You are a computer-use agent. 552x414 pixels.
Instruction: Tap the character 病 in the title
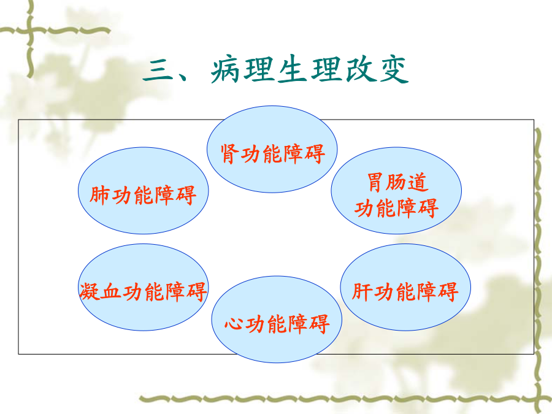225,69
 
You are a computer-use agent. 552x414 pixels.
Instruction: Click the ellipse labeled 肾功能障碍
272,149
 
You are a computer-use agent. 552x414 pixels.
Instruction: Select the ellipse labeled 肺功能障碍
144,191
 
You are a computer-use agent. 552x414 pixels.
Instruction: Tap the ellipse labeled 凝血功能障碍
144,287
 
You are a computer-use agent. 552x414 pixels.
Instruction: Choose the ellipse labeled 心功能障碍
277,320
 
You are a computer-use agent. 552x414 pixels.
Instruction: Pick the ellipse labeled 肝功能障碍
405,287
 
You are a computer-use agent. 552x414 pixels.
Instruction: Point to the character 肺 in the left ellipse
99,196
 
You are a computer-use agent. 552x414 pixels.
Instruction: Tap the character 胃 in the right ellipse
375,182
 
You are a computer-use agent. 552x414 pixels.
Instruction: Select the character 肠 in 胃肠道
396,182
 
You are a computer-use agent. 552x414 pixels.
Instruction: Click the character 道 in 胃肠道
418,182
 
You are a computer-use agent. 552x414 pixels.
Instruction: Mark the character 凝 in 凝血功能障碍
90,291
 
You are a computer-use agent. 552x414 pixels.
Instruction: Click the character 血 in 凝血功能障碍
110,291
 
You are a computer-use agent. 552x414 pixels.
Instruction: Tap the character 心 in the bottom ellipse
234,324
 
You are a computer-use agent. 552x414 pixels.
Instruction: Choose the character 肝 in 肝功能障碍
362,291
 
